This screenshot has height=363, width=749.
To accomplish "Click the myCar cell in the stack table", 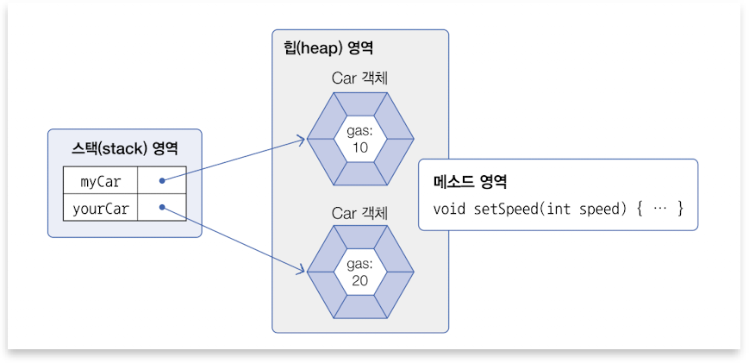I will [x=100, y=182].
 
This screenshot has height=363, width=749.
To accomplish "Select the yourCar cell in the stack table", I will [x=100, y=208].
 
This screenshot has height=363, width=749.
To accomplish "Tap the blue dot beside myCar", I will [x=162, y=182].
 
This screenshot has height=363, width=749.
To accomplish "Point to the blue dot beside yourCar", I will [x=162, y=208].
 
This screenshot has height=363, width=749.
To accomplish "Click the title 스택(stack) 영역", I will [x=124, y=147].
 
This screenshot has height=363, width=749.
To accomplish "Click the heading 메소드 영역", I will [x=470, y=183].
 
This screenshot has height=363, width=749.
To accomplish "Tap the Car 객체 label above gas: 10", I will [x=360, y=78].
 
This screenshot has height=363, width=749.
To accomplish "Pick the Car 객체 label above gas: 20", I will [x=360, y=212].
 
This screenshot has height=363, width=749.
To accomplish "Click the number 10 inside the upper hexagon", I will [x=360, y=147].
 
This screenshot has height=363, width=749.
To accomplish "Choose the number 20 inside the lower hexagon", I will [x=360, y=280].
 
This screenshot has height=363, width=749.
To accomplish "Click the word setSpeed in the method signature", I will [x=506, y=210].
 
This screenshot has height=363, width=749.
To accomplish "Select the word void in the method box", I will [x=449, y=210].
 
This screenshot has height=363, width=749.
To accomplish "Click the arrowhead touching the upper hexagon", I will [x=303, y=138].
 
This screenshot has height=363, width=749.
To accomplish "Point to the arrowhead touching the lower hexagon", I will [x=302, y=272].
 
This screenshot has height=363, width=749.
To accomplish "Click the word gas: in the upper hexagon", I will [x=360, y=131].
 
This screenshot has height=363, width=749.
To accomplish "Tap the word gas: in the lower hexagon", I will [x=360, y=264].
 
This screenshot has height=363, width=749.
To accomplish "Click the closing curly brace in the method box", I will [x=680, y=210].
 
